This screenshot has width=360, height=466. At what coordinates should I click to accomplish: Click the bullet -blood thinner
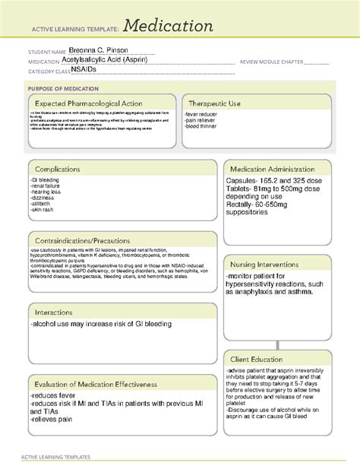tap(204, 125)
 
